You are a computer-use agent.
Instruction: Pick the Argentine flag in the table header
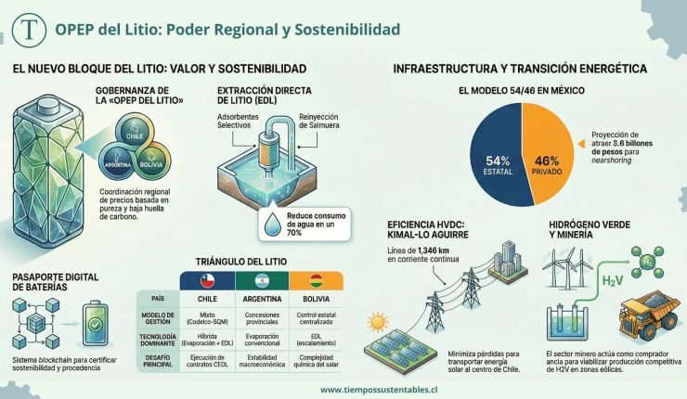pos(262,280)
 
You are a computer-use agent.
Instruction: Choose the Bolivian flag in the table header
pos(316,280)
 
